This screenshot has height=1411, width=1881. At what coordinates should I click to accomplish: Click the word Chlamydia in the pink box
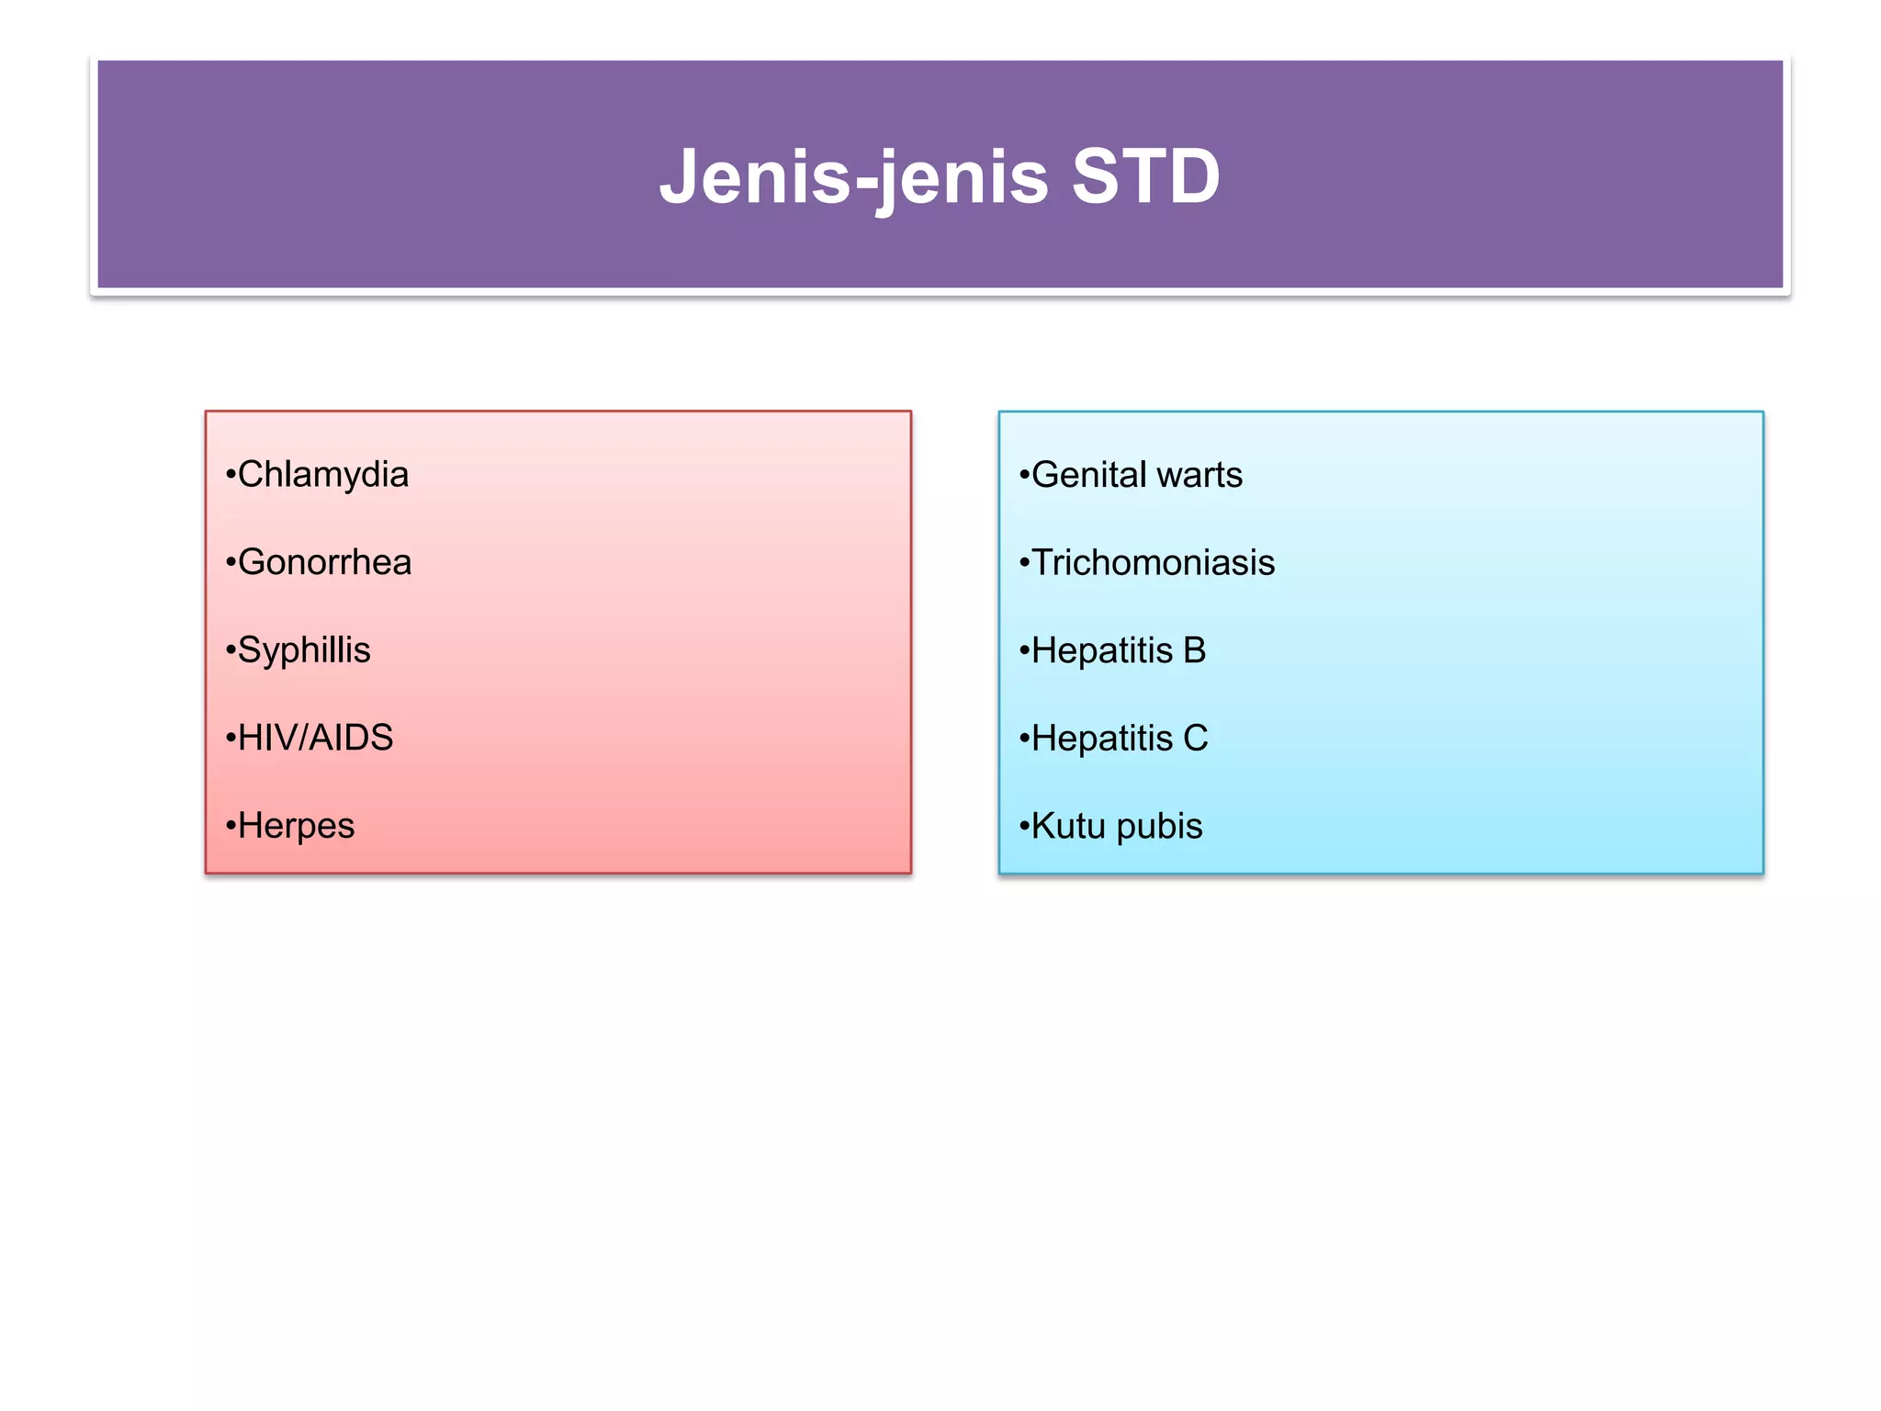(322, 475)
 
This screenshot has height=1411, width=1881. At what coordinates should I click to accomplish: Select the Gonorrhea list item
(324, 562)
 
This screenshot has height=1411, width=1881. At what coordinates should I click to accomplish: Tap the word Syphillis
(304, 650)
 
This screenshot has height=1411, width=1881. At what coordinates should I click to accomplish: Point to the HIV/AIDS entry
(315, 738)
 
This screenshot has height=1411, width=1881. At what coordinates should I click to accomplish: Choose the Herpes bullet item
(296, 826)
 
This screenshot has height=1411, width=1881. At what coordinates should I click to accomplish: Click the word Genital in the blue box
(1088, 475)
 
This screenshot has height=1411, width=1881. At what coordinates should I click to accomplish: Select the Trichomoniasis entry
(1153, 562)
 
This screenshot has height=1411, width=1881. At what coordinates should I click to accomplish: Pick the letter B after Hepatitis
(1195, 650)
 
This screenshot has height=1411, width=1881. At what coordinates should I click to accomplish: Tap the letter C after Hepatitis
(1196, 738)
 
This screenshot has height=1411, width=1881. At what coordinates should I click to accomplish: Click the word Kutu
(1068, 826)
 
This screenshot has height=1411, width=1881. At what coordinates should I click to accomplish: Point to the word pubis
(1159, 826)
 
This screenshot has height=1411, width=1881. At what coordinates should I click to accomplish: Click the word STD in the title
(1145, 175)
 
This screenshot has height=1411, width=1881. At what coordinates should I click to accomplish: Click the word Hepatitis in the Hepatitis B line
(1102, 650)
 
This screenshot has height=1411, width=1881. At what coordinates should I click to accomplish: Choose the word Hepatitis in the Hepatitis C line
(1102, 738)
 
